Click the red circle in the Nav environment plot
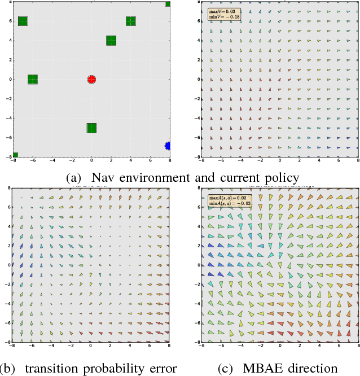point(91,80)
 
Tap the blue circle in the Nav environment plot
point(168,146)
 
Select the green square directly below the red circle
point(91,128)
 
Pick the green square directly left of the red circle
point(33,80)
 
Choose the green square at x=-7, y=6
point(23,21)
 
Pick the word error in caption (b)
point(163,368)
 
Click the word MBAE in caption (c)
point(262,368)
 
